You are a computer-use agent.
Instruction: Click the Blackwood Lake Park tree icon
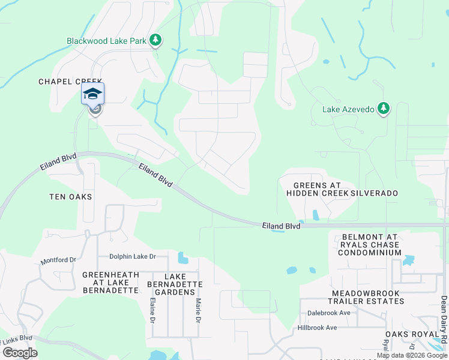tap(156, 40)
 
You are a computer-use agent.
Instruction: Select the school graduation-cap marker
tap(92, 94)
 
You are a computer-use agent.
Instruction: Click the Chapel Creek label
tap(71, 82)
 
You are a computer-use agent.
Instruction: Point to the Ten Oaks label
tap(70, 197)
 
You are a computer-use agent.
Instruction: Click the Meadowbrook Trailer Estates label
tap(367, 298)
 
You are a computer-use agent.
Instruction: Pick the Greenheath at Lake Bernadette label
tap(110, 283)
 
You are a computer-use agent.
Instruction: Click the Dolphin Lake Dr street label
tap(132, 257)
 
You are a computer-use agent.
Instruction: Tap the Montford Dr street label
tap(58, 261)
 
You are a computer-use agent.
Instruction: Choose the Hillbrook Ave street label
tap(317, 328)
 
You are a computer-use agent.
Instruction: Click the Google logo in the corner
tap(20, 353)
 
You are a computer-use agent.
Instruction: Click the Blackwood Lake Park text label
tap(106, 41)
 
